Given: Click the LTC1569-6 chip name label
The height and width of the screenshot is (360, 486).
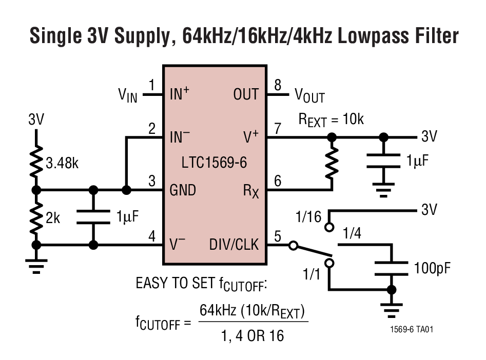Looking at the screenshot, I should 215,164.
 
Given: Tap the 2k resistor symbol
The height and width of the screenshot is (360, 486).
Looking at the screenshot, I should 36,217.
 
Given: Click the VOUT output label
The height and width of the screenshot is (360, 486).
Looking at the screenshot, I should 309,95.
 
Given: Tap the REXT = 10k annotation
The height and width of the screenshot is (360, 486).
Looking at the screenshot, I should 331,119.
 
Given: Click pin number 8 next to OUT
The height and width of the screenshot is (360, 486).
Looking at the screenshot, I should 278,85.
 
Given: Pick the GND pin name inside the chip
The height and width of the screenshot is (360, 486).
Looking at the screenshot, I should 183,190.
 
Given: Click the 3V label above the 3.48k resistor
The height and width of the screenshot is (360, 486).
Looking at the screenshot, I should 36,120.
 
